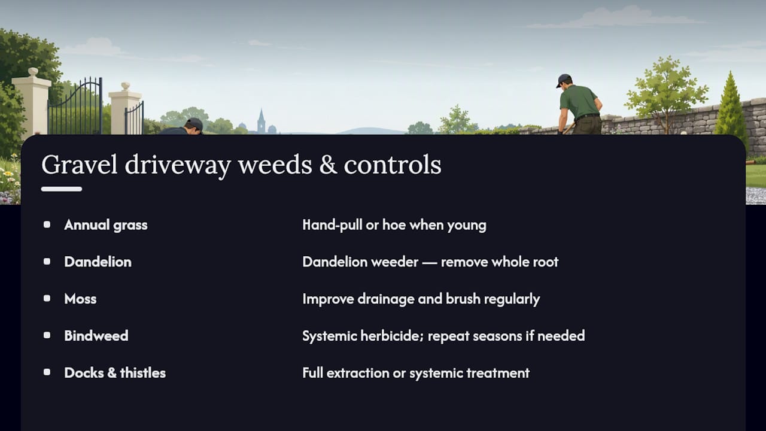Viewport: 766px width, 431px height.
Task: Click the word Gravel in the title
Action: [80, 165]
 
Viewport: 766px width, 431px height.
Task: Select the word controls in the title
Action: [393, 165]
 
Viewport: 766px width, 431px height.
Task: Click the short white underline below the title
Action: [62, 189]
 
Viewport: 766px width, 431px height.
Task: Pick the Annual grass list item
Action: [106, 225]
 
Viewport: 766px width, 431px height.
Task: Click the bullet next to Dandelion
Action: [47, 262]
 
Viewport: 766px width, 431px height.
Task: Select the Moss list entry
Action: [80, 299]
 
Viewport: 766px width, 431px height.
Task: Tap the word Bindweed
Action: [96, 336]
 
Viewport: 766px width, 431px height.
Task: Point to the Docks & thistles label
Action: [115, 373]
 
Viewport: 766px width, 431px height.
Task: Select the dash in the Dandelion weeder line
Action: [430, 263]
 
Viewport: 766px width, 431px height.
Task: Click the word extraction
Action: [357, 373]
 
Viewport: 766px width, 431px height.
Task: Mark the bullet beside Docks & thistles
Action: [47, 372]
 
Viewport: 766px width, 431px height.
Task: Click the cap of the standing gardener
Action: [563, 80]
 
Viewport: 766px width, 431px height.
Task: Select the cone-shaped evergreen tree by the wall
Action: [731, 107]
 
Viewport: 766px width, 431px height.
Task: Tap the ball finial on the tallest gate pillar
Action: [33, 72]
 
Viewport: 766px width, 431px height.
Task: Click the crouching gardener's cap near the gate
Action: [194, 123]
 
